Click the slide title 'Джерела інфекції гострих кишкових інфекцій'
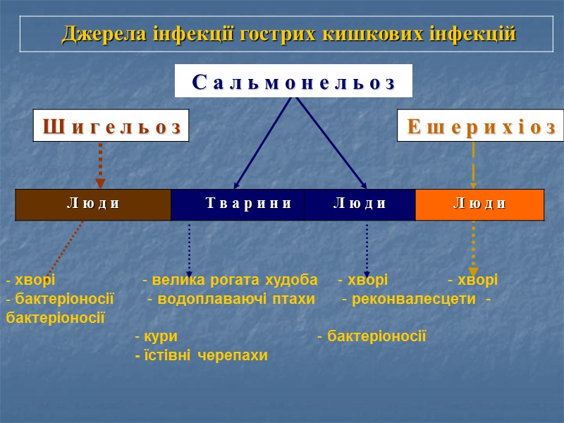click(x=289, y=34)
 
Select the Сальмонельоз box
click(x=293, y=81)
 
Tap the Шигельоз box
click(x=111, y=126)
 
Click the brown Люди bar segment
click(x=93, y=204)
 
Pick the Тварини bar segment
click(x=238, y=204)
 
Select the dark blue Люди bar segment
click(x=360, y=204)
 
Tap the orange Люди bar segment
click(x=479, y=204)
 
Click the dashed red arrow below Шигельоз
click(x=100, y=164)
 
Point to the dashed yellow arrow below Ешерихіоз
click(x=473, y=164)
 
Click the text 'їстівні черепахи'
click(x=204, y=355)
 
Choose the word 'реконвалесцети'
click(x=412, y=299)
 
